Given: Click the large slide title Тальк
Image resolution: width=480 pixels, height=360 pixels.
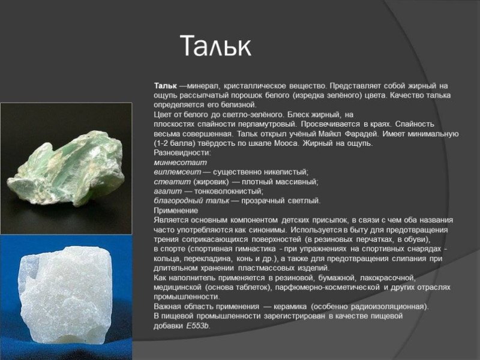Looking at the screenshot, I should click(x=215, y=46).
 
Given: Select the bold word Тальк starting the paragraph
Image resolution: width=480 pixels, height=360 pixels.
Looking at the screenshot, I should click(x=165, y=86).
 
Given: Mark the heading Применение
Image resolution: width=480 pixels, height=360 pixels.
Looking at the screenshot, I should click(x=176, y=211).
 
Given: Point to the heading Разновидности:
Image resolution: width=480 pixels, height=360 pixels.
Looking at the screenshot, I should click(x=178, y=153).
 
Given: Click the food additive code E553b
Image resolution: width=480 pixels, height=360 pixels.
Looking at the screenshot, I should click(x=198, y=326).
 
